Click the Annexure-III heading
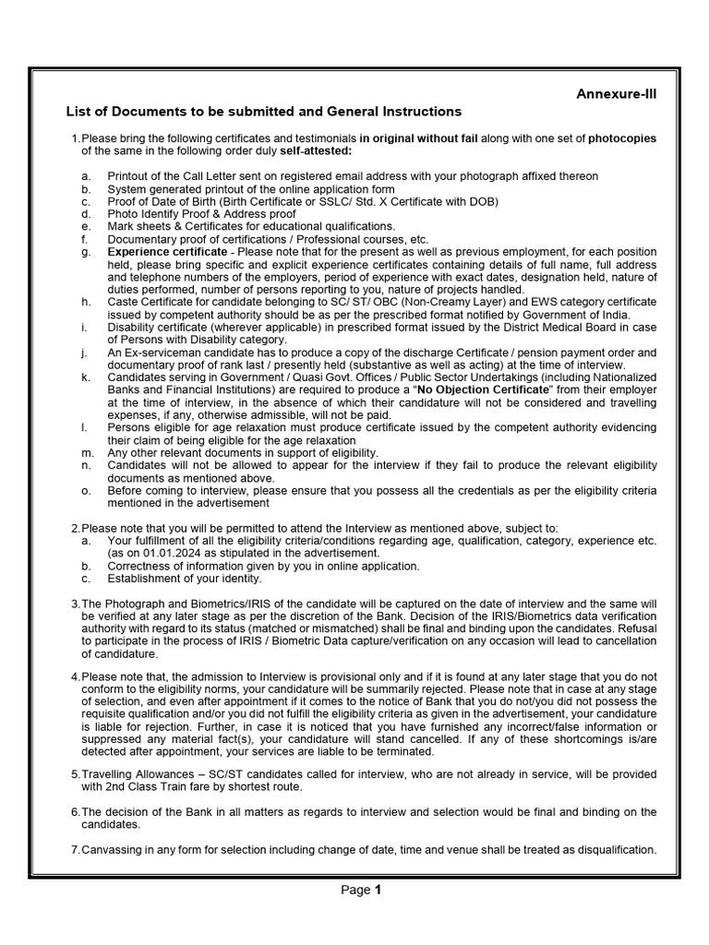[x=617, y=93]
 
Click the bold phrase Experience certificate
[x=166, y=252]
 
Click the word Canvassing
[x=113, y=850]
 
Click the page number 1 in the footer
[x=378, y=891]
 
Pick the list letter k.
[x=85, y=377]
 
